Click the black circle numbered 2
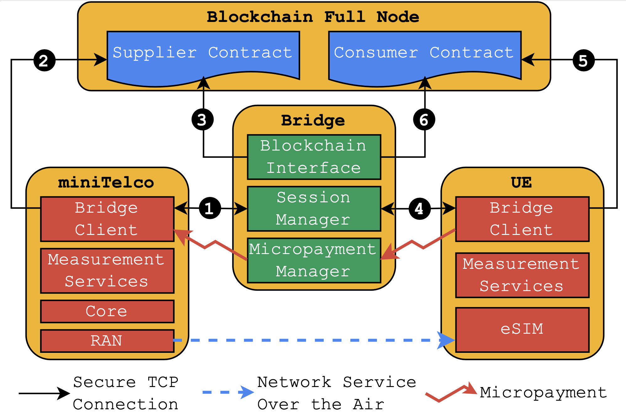44,60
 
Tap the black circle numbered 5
583,60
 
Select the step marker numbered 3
203,119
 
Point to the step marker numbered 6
424,119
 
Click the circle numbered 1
210,208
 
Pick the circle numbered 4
420,209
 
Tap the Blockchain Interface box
314,157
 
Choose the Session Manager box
314,209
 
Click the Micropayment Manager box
314,260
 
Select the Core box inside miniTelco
107,311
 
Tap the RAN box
107,341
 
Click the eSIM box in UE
522,329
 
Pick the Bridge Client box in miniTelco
107,219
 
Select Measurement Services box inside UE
522,275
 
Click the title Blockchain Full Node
313,17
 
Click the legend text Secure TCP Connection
125,393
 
